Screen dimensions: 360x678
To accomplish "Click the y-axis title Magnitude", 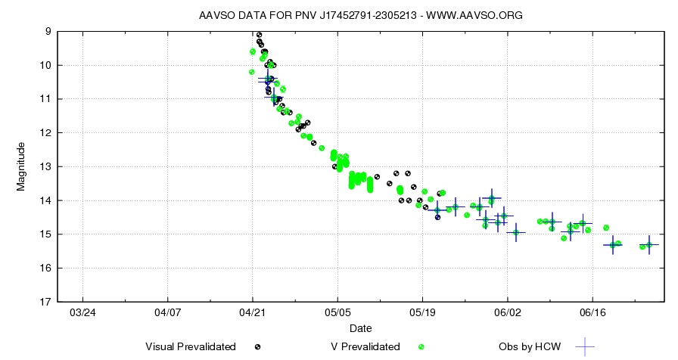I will (x=21, y=166).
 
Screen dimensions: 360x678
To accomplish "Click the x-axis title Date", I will (x=360, y=328).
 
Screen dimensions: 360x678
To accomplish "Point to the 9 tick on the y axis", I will (x=48, y=31).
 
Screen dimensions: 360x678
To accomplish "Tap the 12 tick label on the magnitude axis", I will (x=45, y=132).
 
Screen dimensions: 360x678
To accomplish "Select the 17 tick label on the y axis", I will (x=45, y=302).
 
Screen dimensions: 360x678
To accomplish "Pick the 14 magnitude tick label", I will (x=45, y=200).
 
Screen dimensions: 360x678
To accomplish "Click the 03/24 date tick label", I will (x=82, y=312).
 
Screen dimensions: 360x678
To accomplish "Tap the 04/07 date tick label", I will (x=167, y=312).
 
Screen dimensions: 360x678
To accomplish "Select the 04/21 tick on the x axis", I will (x=252, y=312).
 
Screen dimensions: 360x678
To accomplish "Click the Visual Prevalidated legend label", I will (x=190, y=346).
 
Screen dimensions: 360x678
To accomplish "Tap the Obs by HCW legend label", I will (x=530, y=346).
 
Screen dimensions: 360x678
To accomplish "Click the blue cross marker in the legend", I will (x=584, y=346).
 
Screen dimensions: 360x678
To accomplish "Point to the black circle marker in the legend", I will (x=258, y=346).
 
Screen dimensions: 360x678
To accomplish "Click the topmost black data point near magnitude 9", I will (x=259, y=35).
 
